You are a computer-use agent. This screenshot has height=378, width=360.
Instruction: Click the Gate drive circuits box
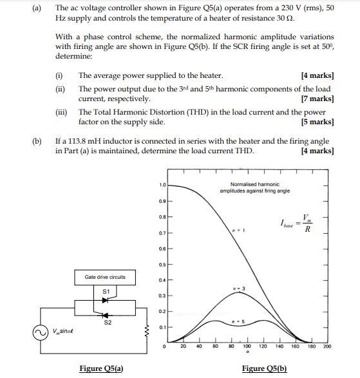click(x=105, y=277)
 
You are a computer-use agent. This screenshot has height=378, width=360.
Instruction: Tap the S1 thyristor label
click(x=106, y=292)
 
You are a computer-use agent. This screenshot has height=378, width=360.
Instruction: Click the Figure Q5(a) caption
click(x=101, y=368)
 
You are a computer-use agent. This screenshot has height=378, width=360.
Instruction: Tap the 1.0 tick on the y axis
click(x=163, y=185)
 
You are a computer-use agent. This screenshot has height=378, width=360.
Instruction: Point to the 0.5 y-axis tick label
click(x=163, y=264)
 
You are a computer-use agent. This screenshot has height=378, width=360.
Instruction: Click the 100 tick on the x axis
click(x=247, y=346)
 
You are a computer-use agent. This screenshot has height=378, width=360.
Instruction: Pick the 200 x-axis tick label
click(x=327, y=346)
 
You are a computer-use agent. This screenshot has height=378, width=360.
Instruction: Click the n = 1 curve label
click(x=239, y=230)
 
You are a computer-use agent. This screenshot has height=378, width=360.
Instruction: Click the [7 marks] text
click(x=317, y=99)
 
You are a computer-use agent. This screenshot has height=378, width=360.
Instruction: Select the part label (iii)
click(x=62, y=112)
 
